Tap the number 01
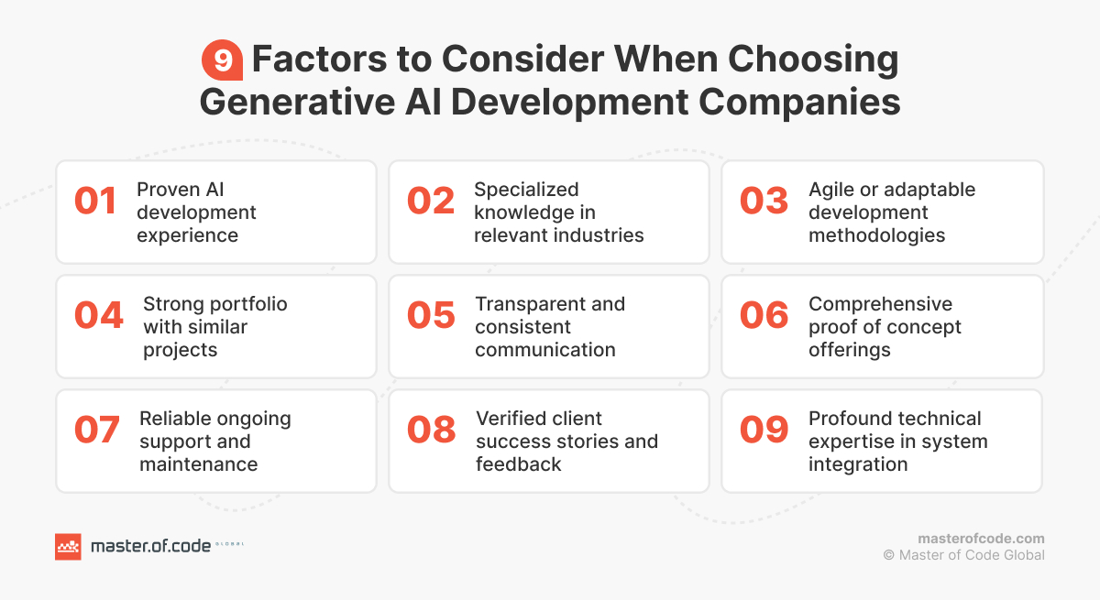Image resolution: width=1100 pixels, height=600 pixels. pyautogui.click(x=95, y=202)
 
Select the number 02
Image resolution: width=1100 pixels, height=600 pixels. pyautogui.click(x=431, y=202)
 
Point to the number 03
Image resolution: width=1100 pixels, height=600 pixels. pyautogui.click(x=764, y=202)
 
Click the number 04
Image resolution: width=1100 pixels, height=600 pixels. pyautogui.click(x=98, y=315)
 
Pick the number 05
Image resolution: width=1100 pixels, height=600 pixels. pyautogui.click(x=431, y=315)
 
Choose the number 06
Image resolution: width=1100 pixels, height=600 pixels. pyautogui.click(x=764, y=315)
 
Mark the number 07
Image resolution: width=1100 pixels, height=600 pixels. pyautogui.click(x=97, y=430)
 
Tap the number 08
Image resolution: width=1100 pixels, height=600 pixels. pyautogui.click(x=431, y=430)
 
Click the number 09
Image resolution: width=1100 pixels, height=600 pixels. pyautogui.click(x=764, y=430)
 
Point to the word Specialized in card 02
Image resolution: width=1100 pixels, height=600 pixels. pyautogui.click(x=526, y=190)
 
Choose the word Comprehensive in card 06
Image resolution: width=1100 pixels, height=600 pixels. pyautogui.click(x=867, y=304)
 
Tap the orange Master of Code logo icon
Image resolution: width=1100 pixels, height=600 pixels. pyautogui.click(x=68, y=546)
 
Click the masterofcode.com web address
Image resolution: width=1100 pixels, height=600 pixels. pyautogui.click(x=981, y=539)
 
